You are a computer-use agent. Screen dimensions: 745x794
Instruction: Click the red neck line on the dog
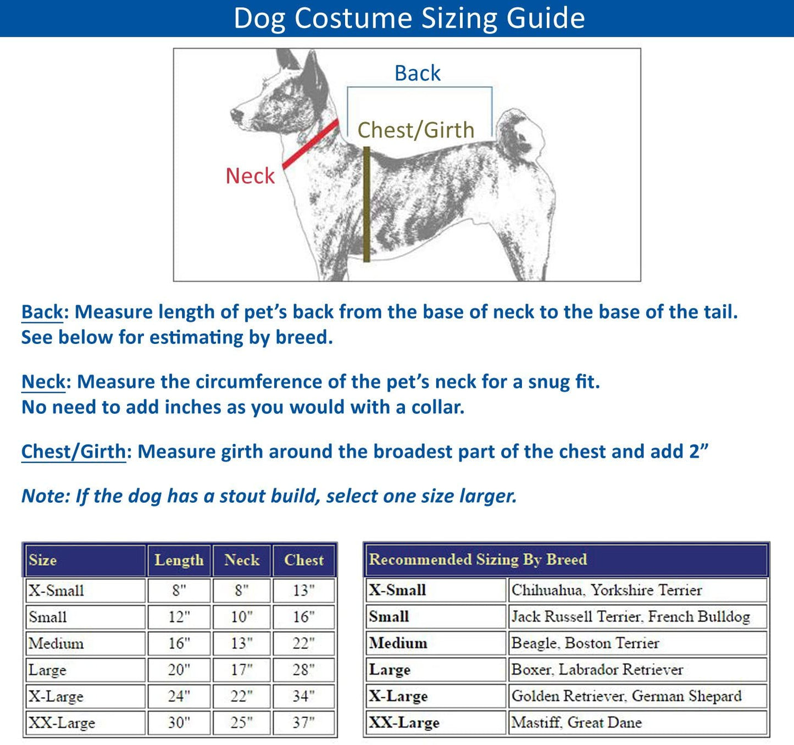click(x=311, y=144)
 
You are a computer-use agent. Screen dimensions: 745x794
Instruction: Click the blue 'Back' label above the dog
click(x=418, y=73)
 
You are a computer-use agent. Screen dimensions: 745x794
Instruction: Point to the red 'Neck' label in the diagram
click(x=250, y=176)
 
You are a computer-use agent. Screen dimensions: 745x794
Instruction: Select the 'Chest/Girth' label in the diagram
click(x=416, y=130)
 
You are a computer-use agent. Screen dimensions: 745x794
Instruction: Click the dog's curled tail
click(x=520, y=132)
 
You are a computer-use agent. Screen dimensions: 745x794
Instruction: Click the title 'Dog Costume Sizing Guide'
click(x=409, y=18)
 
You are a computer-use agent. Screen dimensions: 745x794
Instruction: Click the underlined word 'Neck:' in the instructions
click(x=43, y=382)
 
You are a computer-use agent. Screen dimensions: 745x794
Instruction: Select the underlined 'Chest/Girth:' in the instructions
click(x=74, y=452)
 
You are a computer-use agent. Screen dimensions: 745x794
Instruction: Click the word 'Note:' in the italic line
click(x=46, y=496)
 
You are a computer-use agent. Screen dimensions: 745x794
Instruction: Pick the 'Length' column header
click(x=179, y=560)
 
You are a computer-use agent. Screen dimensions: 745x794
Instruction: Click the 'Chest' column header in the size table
click(x=304, y=560)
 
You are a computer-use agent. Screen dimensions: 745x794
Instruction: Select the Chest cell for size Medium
click(x=304, y=643)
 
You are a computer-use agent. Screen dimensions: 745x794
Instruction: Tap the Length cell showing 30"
click(x=179, y=722)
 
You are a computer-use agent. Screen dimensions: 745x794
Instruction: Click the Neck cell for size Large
click(x=242, y=670)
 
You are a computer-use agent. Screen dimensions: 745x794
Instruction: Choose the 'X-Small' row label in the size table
click(x=57, y=591)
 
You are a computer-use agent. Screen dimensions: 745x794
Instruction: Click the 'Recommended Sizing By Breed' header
click(x=478, y=559)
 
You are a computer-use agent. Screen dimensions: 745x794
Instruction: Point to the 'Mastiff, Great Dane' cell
click(x=576, y=722)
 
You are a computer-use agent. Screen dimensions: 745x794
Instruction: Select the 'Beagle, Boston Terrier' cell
click(x=585, y=643)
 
